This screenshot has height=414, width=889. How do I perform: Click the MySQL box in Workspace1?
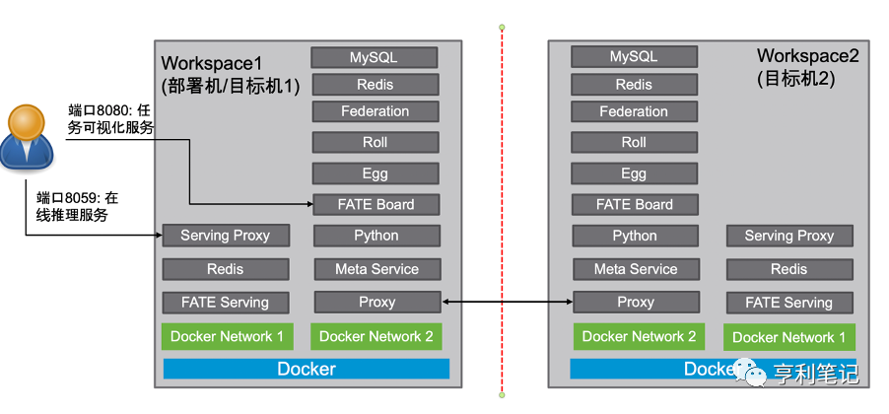pyautogui.click(x=375, y=57)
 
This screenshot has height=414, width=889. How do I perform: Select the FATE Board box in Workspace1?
pyautogui.click(x=375, y=205)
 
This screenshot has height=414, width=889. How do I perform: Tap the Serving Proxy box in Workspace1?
pyautogui.click(x=225, y=236)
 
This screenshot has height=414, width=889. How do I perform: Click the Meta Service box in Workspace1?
pyautogui.click(x=376, y=269)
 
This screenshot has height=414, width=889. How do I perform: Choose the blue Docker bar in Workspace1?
pyautogui.click(x=306, y=370)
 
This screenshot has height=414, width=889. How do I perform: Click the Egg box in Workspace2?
pyautogui.click(x=634, y=173)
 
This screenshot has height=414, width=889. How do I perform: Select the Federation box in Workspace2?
pyautogui.click(x=634, y=111)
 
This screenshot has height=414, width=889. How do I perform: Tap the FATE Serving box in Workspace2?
pyautogui.click(x=788, y=303)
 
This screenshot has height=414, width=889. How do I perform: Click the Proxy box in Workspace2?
pyautogui.click(x=635, y=302)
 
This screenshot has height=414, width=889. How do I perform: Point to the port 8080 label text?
pyautogui.click(x=110, y=117)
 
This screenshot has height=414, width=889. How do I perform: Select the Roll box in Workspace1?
pyautogui.click(x=375, y=142)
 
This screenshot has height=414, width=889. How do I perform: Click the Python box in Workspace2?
pyautogui.click(x=634, y=236)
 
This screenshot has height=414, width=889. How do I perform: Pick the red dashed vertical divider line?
pyautogui.click(x=502, y=197)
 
